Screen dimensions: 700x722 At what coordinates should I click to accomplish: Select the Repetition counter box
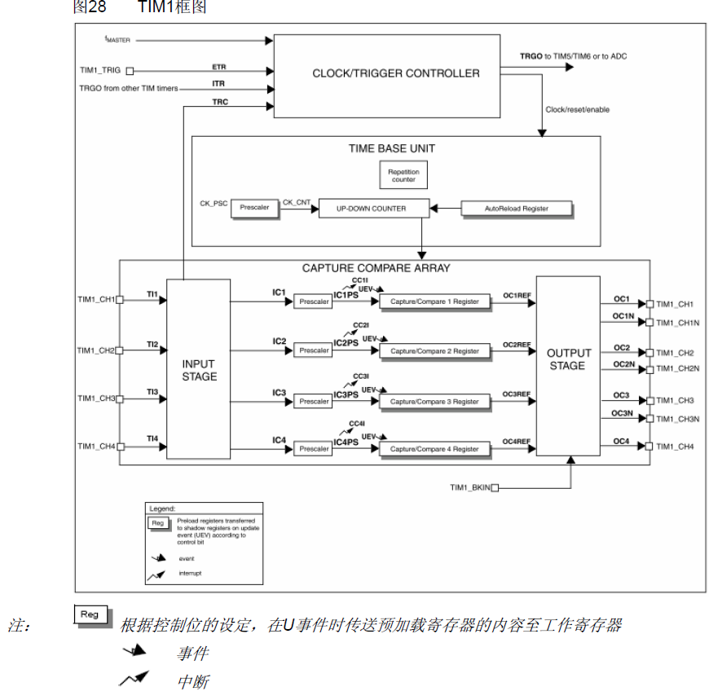tap(403, 175)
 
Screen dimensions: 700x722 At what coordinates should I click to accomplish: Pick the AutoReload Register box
tap(517, 209)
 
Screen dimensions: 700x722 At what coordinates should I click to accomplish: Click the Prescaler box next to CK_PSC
tap(254, 209)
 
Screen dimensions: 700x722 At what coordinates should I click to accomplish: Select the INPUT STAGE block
tap(199, 370)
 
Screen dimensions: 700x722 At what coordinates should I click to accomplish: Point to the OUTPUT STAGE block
tap(567, 359)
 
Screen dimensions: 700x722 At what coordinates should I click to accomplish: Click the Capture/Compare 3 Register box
tap(434, 402)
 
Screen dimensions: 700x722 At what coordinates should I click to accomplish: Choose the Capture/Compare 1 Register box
tap(434, 302)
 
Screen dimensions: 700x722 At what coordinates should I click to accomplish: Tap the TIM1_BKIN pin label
tap(469, 487)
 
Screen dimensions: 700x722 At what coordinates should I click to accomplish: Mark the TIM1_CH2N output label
tap(676, 369)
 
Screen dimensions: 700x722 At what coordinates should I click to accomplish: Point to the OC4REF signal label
tap(517, 442)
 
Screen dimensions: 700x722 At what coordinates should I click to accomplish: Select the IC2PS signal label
tap(346, 343)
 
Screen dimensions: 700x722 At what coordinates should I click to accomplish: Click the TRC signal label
tap(220, 102)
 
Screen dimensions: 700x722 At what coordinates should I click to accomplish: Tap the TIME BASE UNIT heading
tap(391, 148)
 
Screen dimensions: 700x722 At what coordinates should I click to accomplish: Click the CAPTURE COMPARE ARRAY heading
tap(376, 268)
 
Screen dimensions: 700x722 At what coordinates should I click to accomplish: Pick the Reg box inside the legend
tap(157, 523)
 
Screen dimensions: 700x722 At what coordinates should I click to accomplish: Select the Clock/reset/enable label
tap(577, 109)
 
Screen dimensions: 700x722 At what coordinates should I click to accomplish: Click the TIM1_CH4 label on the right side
tap(674, 447)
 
